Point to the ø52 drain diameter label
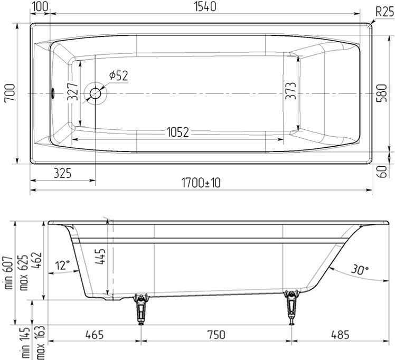[118, 76]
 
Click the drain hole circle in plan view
[96, 93]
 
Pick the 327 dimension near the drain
[73, 93]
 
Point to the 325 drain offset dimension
[62, 173]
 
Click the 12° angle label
[62, 266]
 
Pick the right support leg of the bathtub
[290, 308]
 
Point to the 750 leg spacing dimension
[215, 335]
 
